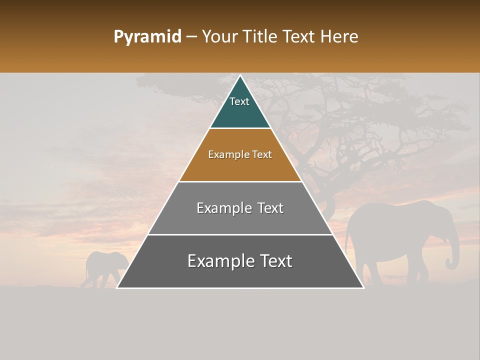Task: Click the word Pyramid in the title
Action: (x=147, y=37)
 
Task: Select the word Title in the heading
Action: (x=262, y=37)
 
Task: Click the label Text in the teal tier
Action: (x=239, y=101)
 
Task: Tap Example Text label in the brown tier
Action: (x=240, y=154)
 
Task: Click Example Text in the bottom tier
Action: (x=240, y=261)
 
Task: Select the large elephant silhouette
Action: (x=395, y=235)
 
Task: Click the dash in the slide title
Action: (x=191, y=37)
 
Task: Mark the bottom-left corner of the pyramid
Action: (x=117, y=287)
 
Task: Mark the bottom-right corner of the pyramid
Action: (x=363, y=287)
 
